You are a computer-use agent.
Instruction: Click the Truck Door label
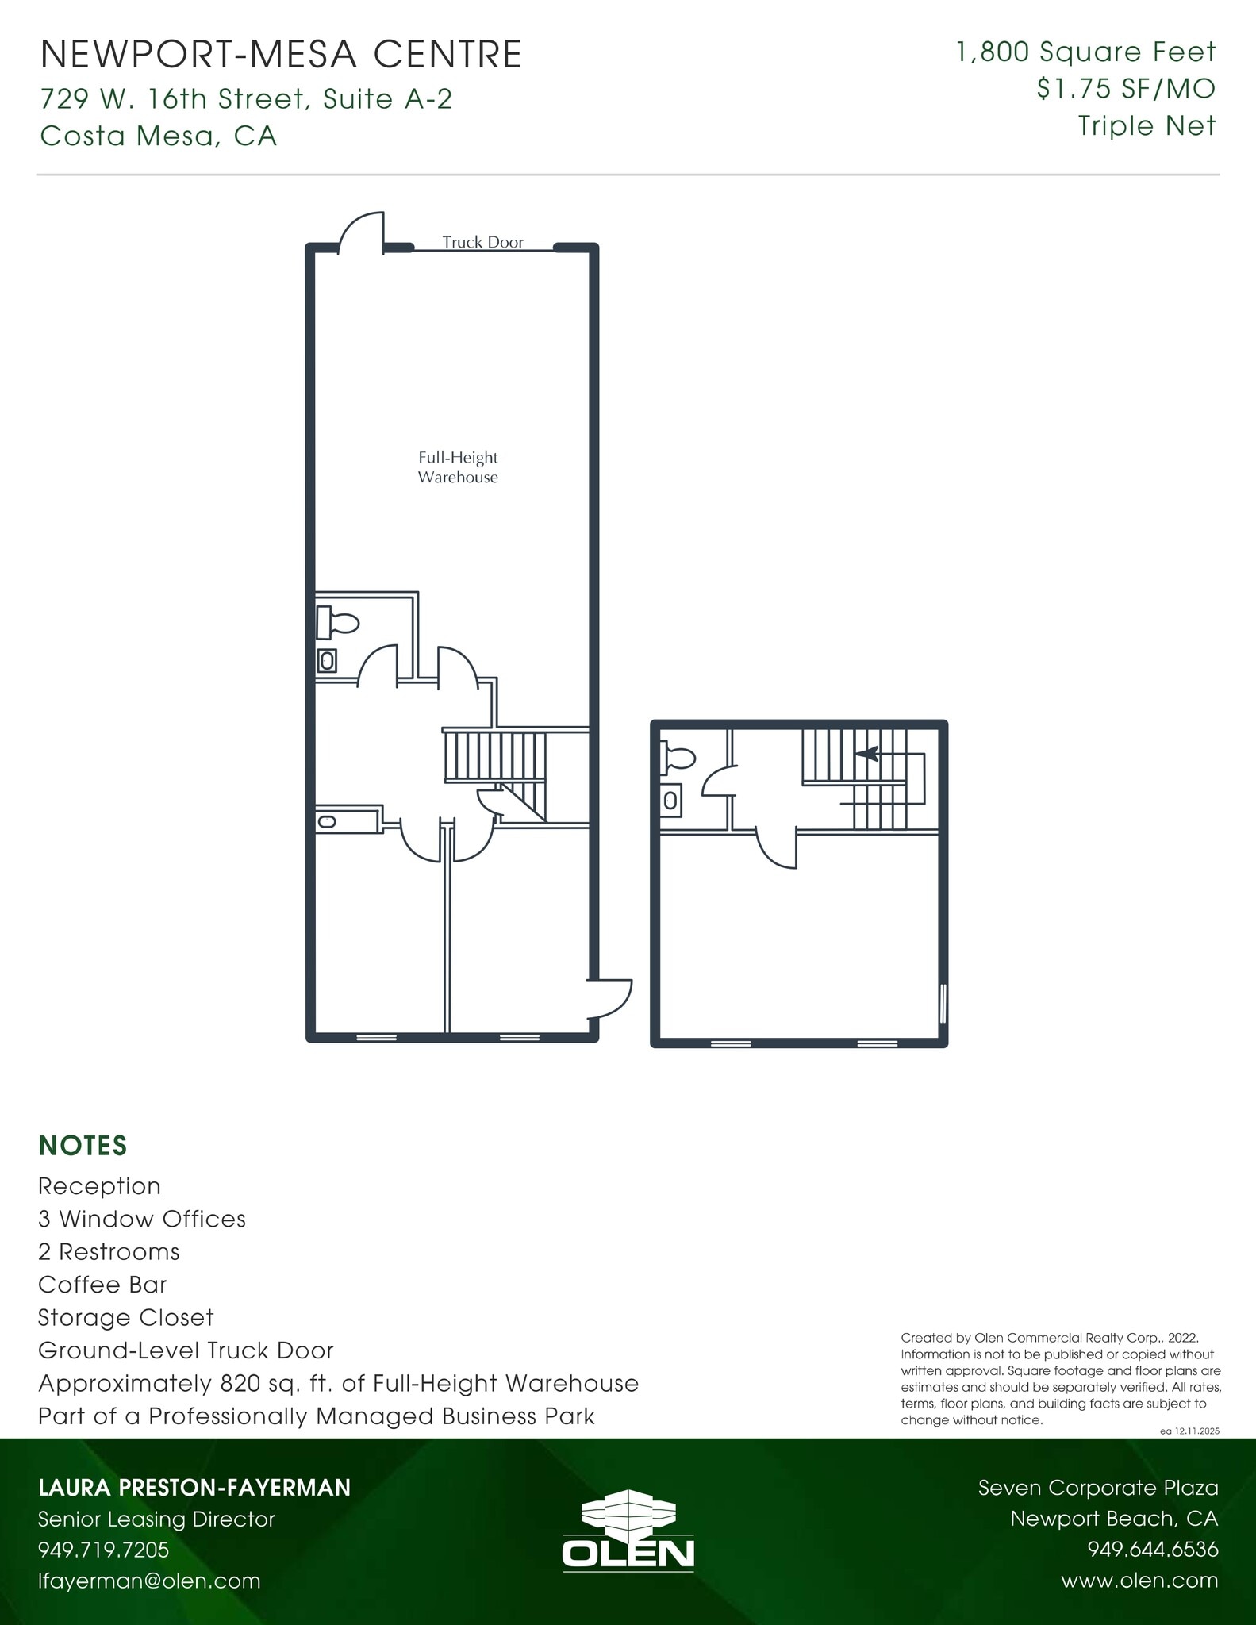tap(482, 242)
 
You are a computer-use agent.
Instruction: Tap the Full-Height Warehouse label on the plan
tap(458, 467)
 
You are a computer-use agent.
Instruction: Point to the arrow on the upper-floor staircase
tap(866, 753)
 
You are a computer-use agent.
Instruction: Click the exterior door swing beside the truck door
tap(363, 232)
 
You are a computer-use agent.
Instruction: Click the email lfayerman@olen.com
tap(149, 1581)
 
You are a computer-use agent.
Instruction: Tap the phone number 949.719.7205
tap(104, 1550)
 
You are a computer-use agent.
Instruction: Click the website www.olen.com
tap(1139, 1581)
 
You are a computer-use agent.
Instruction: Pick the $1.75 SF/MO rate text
tap(1125, 89)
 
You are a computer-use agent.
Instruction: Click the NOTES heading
tap(83, 1146)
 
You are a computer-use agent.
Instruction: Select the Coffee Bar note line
tap(102, 1285)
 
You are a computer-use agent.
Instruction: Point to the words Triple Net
tap(1147, 125)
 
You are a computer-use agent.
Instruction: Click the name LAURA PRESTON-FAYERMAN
tap(194, 1488)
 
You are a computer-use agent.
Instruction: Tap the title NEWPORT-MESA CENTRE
tap(281, 55)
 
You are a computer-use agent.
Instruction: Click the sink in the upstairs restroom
tap(670, 801)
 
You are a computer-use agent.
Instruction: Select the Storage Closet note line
tap(126, 1317)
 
